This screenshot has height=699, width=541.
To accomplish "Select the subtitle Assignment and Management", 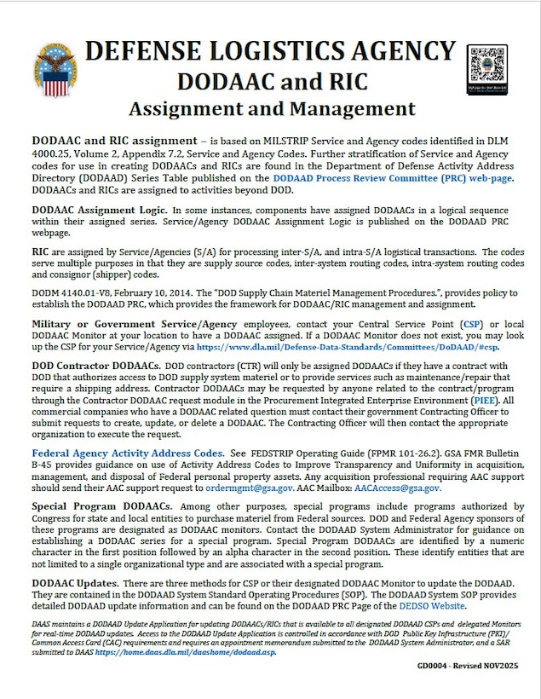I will [272, 109].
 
